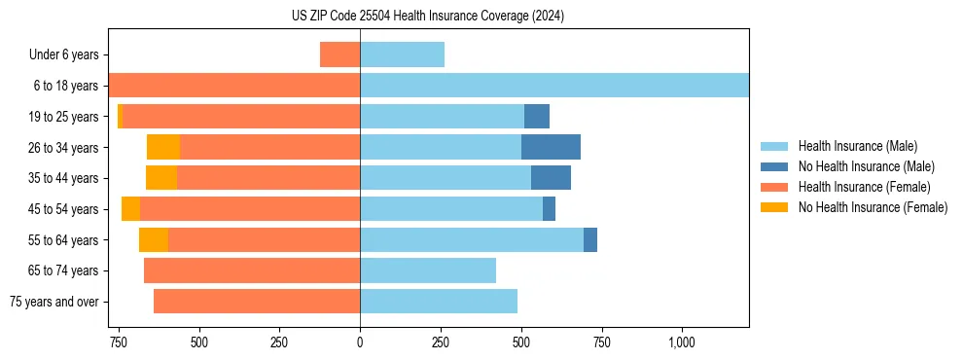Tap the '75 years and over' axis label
[54, 302]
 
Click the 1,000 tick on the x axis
[681, 342]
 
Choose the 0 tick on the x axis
[360, 342]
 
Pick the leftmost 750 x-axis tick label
[119, 342]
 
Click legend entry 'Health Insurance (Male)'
[857, 146]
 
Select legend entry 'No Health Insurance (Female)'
[873, 207]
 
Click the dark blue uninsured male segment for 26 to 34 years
[551, 147]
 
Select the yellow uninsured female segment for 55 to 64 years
[154, 239]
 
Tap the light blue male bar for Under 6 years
[402, 54]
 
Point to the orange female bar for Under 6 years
[339, 54]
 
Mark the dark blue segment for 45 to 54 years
[549, 208]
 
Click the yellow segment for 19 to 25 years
[120, 116]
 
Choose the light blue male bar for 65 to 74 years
[428, 270]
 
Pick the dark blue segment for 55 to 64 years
[590, 239]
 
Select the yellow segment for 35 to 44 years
[161, 178]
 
